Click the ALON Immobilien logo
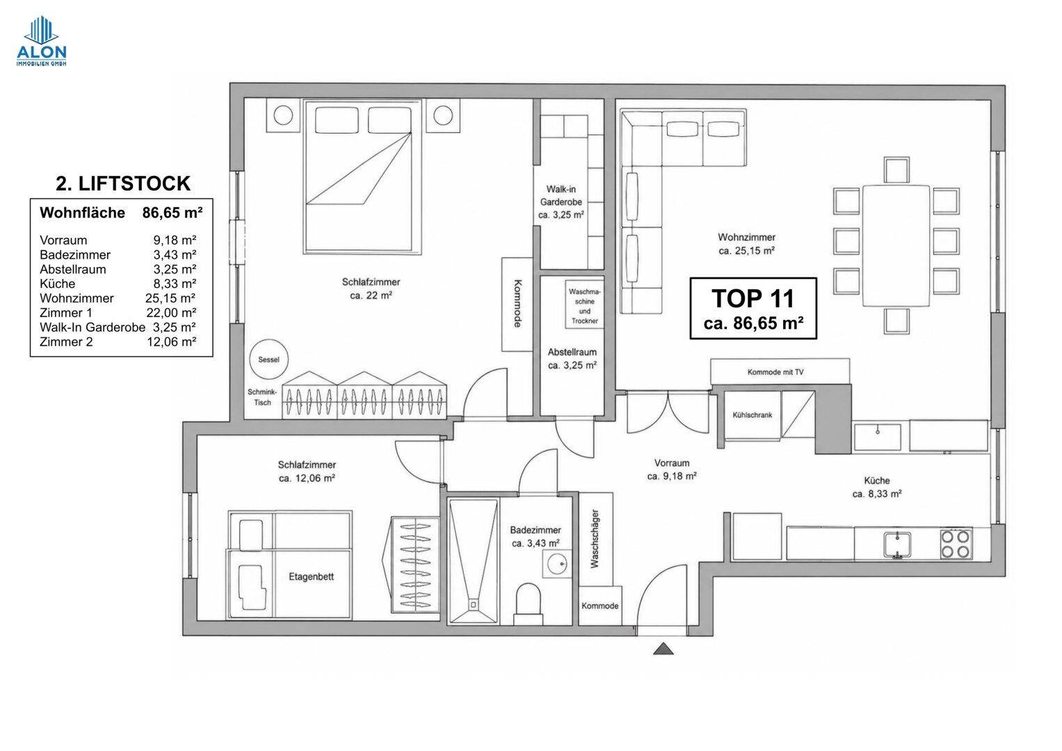coord(41,41)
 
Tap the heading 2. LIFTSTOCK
coord(123,184)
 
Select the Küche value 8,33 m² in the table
coord(175,284)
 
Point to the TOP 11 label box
coord(753,308)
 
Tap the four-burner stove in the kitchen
coord(956,543)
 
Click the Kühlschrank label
coord(752,415)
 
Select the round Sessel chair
coord(269,360)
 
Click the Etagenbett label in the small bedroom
coord(311,576)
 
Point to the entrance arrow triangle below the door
coord(663,649)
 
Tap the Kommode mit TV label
coord(775,372)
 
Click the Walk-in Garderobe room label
coord(561,202)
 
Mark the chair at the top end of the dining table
coord(896,170)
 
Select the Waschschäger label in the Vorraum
coord(595,539)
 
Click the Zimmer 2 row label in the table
coord(66,342)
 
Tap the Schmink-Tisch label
coord(262,397)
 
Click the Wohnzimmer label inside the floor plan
coord(746,237)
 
